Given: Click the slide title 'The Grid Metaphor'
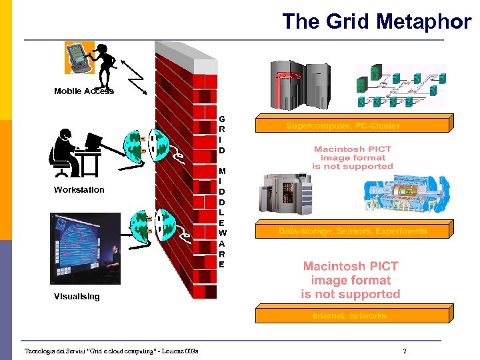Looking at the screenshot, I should (x=376, y=21).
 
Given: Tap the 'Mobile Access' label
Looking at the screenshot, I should (x=84, y=91).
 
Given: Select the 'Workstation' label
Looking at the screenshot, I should (x=79, y=190).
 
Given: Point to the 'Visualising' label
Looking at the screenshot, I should (x=77, y=297).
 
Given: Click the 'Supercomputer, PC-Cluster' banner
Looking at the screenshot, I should (x=352, y=126).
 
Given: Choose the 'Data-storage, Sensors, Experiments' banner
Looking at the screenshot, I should (x=352, y=231).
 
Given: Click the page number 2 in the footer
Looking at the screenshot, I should (x=404, y=351).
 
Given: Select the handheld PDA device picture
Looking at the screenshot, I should (x=78, y=57).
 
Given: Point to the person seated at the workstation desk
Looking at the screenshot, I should (x=65, y=151).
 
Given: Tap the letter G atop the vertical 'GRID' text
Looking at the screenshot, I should (x=222, y=120).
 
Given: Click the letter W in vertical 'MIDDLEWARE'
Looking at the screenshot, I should (x=222, y=233).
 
